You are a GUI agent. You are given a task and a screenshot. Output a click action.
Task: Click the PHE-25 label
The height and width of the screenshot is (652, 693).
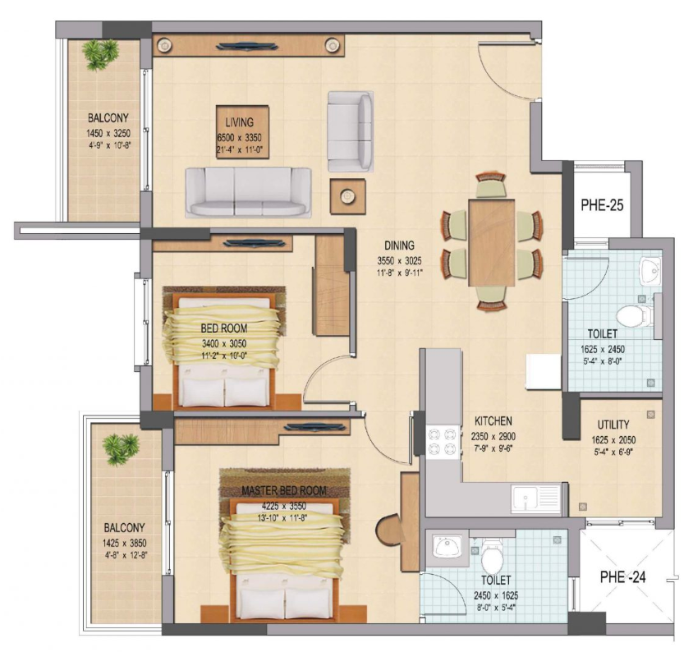pos(602,205)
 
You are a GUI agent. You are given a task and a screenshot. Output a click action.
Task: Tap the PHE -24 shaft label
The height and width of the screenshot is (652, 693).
pos(622,577)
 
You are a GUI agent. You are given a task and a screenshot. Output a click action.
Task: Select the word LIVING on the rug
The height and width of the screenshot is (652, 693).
pos(239,122)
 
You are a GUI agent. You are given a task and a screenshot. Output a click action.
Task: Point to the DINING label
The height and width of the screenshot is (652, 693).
pos(399,246)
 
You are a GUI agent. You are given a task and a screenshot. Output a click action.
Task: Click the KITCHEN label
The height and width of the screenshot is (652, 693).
pos(493,420)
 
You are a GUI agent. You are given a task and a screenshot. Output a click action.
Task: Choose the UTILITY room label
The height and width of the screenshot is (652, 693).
pos(613,425)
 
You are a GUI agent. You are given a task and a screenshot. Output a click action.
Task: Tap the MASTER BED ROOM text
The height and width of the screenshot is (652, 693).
pos(284,491)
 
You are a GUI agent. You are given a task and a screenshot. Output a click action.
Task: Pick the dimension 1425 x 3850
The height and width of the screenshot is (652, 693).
pos(124,544)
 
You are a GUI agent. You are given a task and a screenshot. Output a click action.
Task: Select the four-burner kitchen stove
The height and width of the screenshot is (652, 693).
pos(443,442)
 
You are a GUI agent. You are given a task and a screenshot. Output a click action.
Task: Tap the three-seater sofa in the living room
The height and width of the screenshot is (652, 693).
pos(248,192)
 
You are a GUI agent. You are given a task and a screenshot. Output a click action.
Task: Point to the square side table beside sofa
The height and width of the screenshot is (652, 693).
pos(347,197)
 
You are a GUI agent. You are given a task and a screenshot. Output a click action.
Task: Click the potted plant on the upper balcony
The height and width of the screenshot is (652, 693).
pos(100,54)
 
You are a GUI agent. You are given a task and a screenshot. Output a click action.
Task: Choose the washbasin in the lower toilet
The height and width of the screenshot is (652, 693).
pos(447,547)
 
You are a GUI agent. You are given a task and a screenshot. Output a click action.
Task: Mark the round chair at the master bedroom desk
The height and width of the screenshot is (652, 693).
pos(388,529)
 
